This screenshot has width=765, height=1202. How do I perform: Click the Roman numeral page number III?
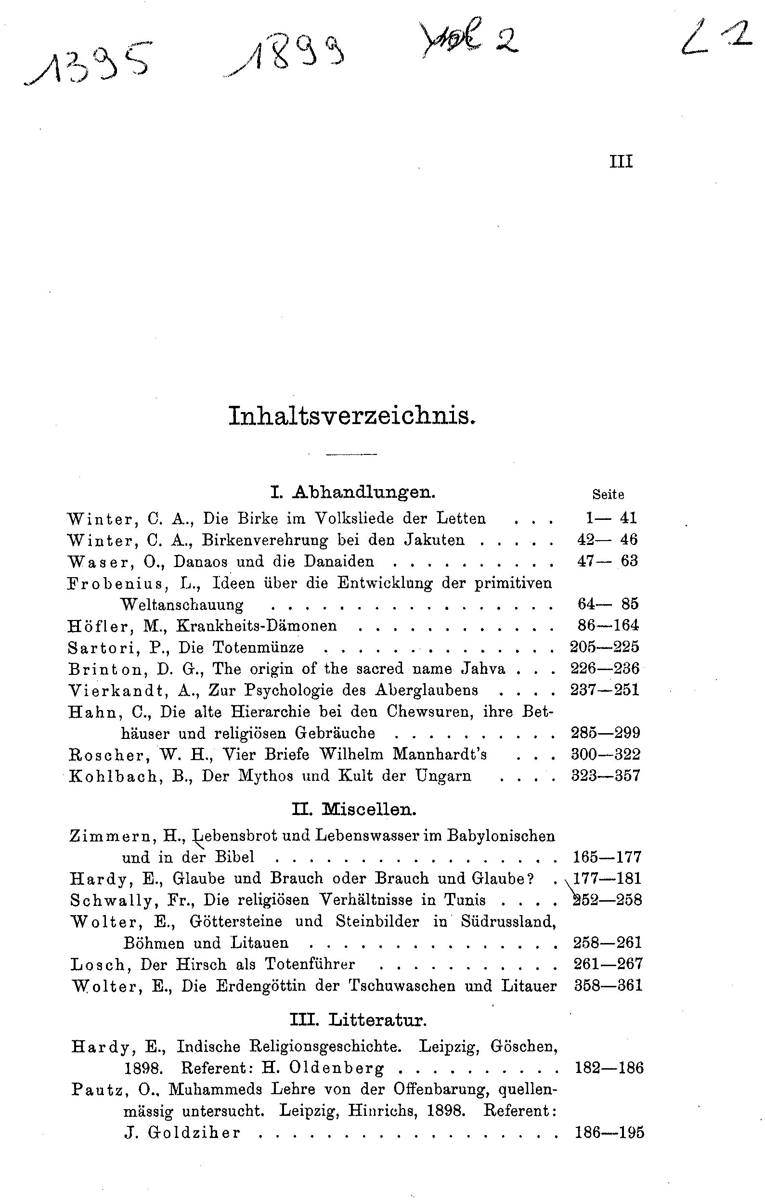(x=621, y=162)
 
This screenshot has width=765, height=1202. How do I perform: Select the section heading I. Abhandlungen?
(x=352, y=492)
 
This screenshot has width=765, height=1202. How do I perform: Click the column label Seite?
(x=608, y=494)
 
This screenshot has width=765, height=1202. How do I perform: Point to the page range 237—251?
(x=605, y=690)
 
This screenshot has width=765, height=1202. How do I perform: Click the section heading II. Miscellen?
(x=354, y=809)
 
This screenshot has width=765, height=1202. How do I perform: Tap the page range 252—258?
(x=607, y=900)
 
